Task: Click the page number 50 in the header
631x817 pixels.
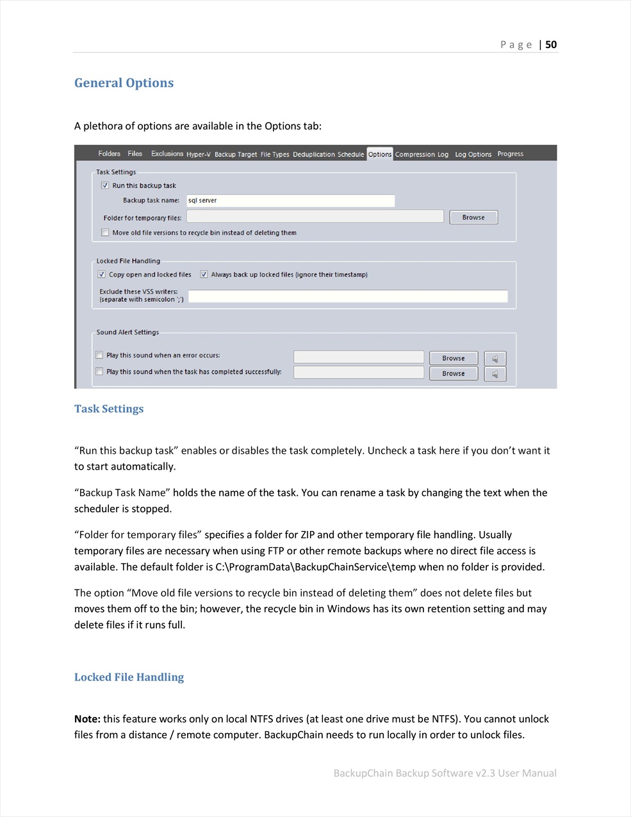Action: pos(551,44)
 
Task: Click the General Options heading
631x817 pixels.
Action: pos(124,83)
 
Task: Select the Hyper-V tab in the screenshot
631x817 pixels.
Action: pos(198,154)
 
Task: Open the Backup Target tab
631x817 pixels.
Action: pos(235,154)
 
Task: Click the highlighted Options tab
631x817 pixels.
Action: pos(380,154)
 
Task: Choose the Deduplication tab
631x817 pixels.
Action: pos(314,154)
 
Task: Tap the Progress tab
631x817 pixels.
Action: pos(510,154)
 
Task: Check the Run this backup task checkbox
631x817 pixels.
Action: pos(105,185)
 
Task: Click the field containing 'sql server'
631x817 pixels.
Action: pos(290,201)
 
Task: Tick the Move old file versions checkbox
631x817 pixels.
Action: pos(105,233)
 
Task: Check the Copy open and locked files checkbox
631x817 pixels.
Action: pos(101,274)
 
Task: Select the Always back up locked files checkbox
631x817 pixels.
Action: pos(204,274)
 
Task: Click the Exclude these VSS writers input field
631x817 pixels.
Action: pos(348,296)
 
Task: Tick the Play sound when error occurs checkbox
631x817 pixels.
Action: pos(99,355)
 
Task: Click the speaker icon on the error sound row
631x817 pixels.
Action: pos(495,358)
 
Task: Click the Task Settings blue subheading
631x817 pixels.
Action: pos(109,409)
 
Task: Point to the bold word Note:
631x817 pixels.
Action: pos(87,719)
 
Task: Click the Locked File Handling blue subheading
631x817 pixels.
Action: pos(129,677)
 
